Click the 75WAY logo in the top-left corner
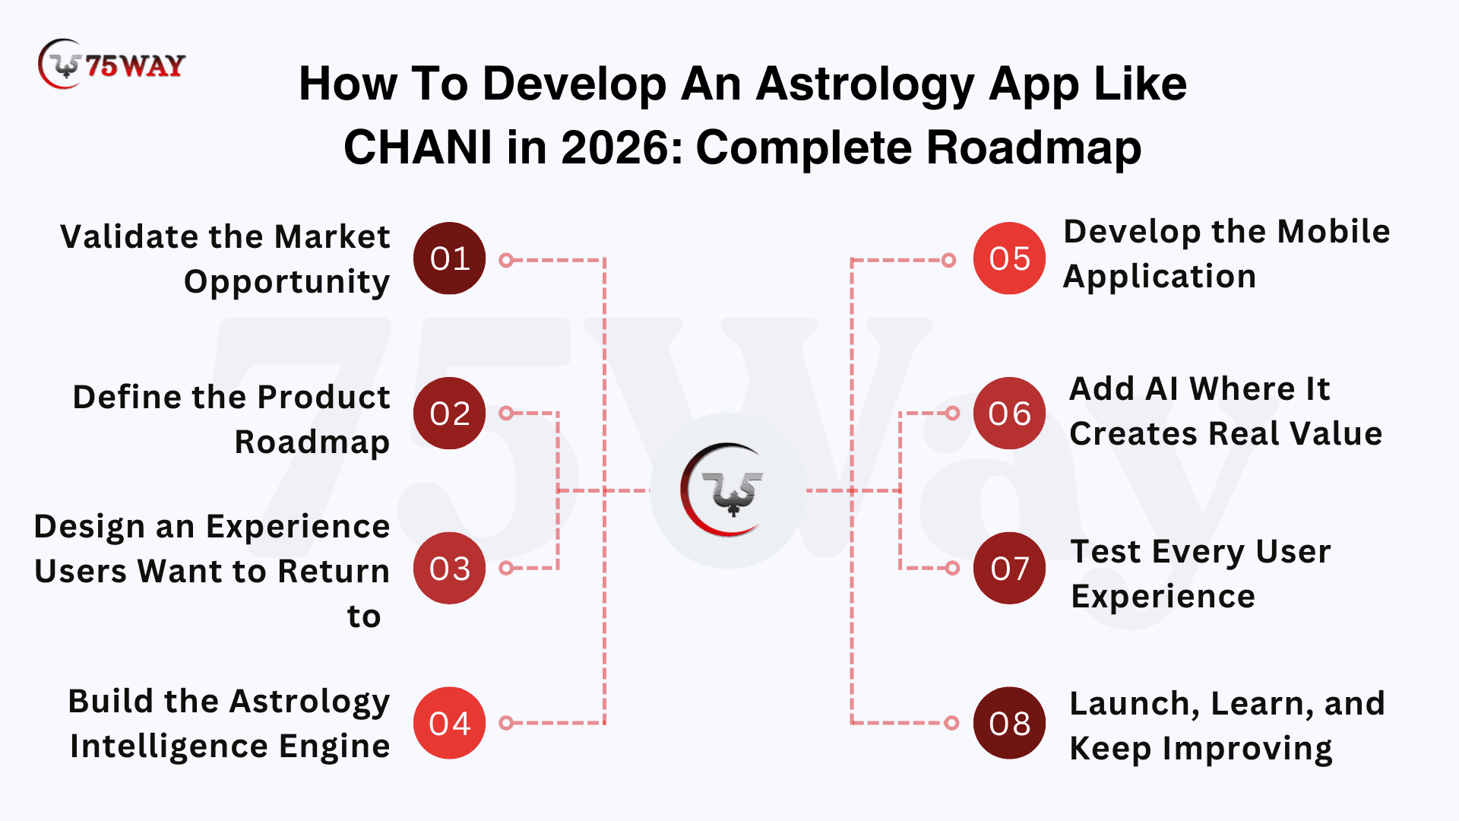pyautogui.click(x=111, y=65)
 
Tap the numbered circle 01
pyautogui.click(x=449, y=258)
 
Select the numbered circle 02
pyautogui.click(x=449, y=414)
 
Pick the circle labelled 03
pyautogui.click(x=449, y=568)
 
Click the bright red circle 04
pyautogui.click(x=449, y=723)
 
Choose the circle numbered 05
pyautogui.click(x=1009, y=258)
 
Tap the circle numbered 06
pyautogui.click(x=1009, y=414)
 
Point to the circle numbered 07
pyautogui.click(x=1009, y=568)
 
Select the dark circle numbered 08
pyautogui.click(x=1009, y=723)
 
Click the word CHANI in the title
pyautogui.click(x=418, y=147)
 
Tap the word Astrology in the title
pyautogui.click(x=865, y=85)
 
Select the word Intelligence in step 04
pyautogui.click(x=169, y=746)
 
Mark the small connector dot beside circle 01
pyautogui.click(x=506, y=260)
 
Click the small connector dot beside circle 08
pyautogui.click(x=951, y=723)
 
